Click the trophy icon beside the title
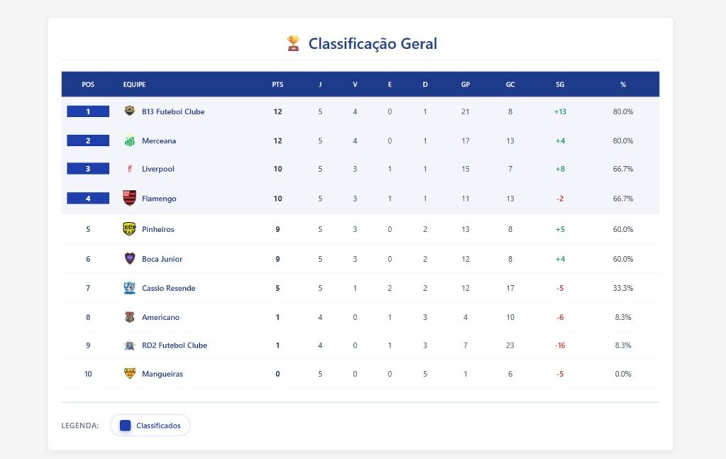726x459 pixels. point(293,44)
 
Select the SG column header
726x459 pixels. point(560,84)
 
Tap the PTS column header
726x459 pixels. point(277,84)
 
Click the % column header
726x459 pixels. point(623,84)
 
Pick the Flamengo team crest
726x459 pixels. point(130,198)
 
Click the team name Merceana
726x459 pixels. point(159,140)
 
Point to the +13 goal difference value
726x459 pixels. point(560,111)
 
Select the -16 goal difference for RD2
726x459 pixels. point(560,345)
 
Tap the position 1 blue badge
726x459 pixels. point(88,111)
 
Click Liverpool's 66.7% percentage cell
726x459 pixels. point(623,169)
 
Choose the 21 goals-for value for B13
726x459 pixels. point(465,111)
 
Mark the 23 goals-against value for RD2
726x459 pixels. point(510,345)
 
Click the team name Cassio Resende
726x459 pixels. point(168,288)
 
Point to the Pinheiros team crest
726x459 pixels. point(130,228)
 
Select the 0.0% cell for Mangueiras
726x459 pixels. point(623,374)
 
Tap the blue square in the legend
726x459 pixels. point(125,426)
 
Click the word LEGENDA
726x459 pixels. point(80,426)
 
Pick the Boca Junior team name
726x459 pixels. point(162,259)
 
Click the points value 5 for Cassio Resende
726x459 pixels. point(277,288)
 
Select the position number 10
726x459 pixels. point(88,374)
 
